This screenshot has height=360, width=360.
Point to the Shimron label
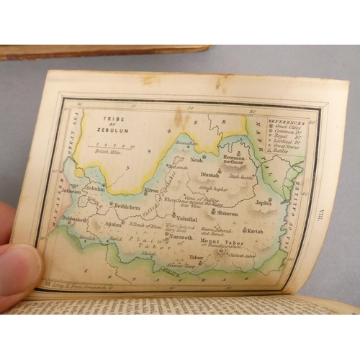pos(226,213)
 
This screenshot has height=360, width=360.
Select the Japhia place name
pos(264,202)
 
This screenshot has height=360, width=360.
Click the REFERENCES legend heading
pos(287,123)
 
